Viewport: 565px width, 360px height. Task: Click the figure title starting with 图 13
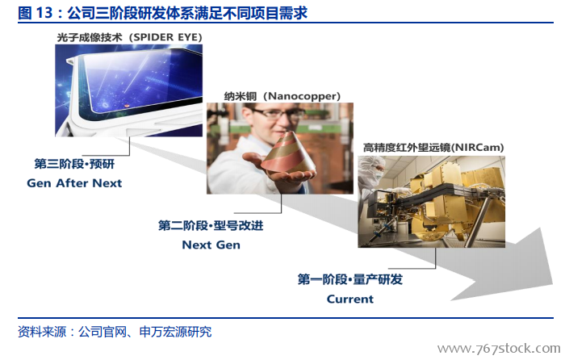point(162,13)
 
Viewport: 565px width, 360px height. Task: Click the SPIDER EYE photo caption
point(129,37)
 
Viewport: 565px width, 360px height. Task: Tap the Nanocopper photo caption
point(282,96)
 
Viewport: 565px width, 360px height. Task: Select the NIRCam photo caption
point(433,148)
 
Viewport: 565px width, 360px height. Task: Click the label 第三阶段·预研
point(74,164)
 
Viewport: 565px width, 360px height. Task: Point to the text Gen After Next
point(74,183)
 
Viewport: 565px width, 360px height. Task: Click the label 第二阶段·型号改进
point(211,225)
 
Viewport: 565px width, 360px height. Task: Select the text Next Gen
point(211,245)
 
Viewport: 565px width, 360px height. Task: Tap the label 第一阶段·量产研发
point(349,279)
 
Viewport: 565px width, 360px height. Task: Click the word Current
point(349,299)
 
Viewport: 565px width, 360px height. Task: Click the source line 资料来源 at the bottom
point(115,332)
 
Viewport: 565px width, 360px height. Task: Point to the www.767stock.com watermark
point(499,349)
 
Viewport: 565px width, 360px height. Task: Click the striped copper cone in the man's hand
point(287,153)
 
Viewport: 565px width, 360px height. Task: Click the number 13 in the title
point(44,13)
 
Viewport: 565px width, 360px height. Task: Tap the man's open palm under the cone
point(278,171)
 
